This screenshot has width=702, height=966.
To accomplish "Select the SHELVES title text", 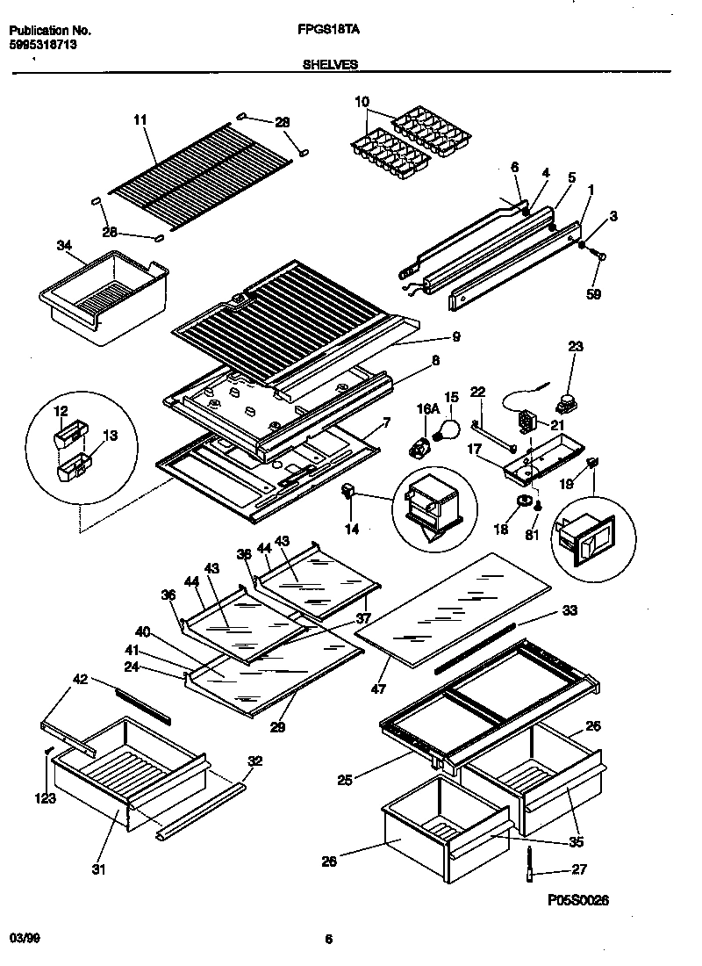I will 329,64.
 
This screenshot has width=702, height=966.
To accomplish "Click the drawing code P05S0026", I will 577,900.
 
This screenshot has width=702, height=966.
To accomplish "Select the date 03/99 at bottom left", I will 25,939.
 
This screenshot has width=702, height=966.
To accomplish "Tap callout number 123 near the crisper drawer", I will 46,798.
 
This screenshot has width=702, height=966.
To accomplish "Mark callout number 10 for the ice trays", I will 362,103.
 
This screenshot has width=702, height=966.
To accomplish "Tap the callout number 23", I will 575,346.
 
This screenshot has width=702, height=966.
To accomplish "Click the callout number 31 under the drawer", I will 97,870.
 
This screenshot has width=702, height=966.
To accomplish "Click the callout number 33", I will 569,610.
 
